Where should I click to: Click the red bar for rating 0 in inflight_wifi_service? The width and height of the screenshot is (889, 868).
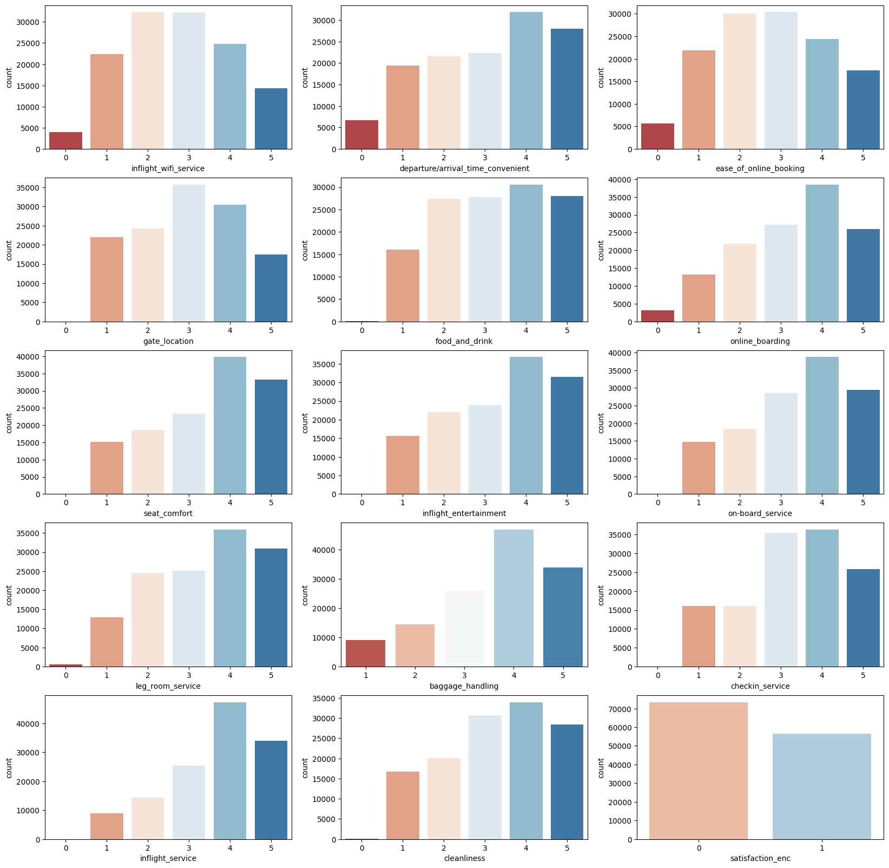point(65,140)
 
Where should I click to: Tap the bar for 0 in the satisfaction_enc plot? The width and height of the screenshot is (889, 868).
point(699,771)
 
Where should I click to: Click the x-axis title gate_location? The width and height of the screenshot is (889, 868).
point(168,341)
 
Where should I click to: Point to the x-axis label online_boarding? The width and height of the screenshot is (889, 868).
point(760,341)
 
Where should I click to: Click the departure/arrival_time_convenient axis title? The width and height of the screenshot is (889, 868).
point(464,168)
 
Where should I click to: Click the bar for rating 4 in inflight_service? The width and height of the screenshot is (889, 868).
point(230,771)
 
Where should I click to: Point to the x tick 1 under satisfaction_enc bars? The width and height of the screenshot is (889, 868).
point(822,847)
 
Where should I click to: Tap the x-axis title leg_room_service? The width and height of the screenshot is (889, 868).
point(168,686)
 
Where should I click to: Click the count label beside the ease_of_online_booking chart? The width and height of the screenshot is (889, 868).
point(601,77)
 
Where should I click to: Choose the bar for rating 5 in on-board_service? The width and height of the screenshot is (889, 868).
point(863,442)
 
